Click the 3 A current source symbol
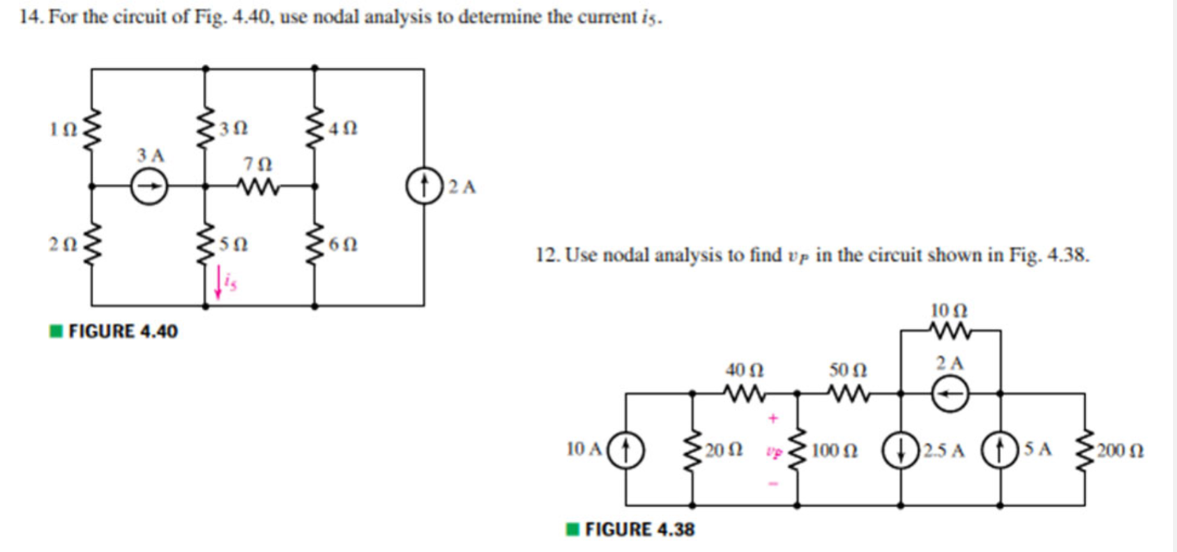(x=149, y=187)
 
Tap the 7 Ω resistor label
(x=257, y=165)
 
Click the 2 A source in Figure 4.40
(x=424, y=186)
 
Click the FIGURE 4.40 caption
(x=123, y=331)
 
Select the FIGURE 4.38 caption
(x=639, y=529)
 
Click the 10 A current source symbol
(x=626, y=450)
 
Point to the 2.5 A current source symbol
(x=900, y=451)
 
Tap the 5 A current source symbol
(x=1000, y=451)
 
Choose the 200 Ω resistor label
(x=1120, y=451)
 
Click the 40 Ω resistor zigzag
(x=744, y=394)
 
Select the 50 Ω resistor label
(x=848, y=370)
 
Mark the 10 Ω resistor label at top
(x=949, y=311)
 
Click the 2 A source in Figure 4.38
(x=950, y=394)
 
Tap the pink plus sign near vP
(x=773, y=419)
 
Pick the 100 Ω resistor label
(x=835, y=451)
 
